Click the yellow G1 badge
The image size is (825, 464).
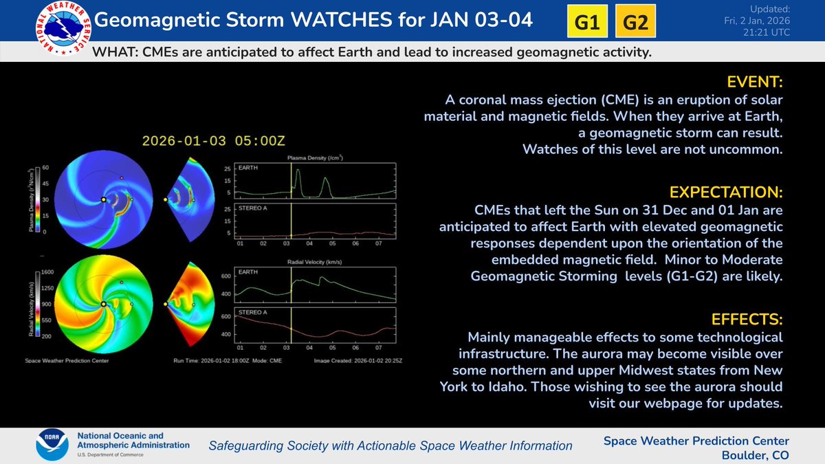click(586, 22)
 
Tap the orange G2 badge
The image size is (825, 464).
click(635, 22)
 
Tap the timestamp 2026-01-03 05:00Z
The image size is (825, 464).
click(213, 141)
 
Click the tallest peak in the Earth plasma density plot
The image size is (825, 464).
click(298, 172)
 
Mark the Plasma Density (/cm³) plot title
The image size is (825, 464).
click(315, 159)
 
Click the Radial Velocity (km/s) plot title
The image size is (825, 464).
click(315, 262)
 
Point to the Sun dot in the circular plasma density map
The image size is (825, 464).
click(102, 199)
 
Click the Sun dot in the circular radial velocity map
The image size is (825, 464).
click(102, 304)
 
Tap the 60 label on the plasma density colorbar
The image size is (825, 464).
click(45, 167)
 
